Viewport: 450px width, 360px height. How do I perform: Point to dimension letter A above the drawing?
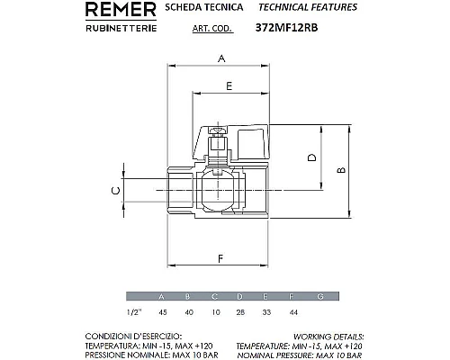[x=221, y=58]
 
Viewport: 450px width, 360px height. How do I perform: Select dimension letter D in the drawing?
[x=312, y=157]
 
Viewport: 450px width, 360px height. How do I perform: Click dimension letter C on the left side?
[x=113, y=190]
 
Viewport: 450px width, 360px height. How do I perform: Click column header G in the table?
[x=320, y=296]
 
